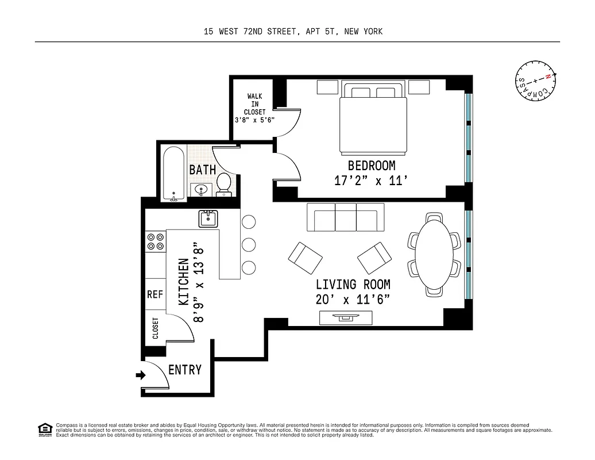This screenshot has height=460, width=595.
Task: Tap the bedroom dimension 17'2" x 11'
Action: [x=371, y=181]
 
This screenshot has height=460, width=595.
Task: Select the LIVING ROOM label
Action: [x=353, y=285]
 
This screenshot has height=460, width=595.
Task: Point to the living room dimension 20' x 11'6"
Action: [x=353, y=299]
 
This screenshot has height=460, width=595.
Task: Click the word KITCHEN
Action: [x=184, y=282]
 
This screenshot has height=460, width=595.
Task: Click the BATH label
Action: [x=202, y=170]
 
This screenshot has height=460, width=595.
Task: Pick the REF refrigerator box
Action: [x=155, y=294]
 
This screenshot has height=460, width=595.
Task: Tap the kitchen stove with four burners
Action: [x=155, y=241]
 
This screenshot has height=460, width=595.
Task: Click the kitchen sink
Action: [x=208, y=218]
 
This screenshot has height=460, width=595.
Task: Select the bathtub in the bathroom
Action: [x=173, y=174]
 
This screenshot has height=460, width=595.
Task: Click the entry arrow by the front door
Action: [x=140, y=375]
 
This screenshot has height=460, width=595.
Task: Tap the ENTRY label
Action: [x=184, y=370]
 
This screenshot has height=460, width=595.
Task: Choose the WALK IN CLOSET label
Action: [x=254, y=108]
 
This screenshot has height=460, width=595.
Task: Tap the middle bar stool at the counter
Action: [x=249, y=244]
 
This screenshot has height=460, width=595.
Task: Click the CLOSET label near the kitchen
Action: [x=155, y=328]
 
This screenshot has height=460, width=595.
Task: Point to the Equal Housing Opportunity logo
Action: [x=44, y=429]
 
